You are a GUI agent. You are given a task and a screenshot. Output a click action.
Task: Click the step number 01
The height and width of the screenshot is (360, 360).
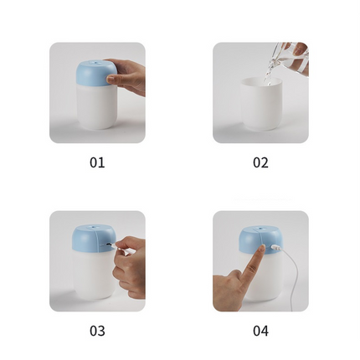tap(97, 162)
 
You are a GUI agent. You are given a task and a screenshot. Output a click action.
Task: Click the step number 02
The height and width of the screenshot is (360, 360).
tap(260, 162)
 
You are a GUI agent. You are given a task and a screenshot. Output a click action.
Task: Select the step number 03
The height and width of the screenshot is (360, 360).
tap(97, 331)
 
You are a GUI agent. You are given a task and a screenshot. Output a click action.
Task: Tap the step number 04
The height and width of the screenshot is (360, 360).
tap(260, 331)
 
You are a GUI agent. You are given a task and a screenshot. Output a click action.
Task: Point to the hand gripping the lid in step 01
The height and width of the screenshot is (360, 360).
tap(128, 78)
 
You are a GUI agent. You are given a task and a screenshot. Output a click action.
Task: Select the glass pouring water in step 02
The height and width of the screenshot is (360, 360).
tap(291, 59)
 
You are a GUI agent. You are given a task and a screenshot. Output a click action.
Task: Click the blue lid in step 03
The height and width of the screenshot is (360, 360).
tap(90, 239)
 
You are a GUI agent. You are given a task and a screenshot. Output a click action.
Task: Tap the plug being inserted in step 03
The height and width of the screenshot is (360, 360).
tap(112, 245)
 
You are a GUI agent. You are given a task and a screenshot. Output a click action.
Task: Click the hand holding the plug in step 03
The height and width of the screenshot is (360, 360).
tap(130, 264)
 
